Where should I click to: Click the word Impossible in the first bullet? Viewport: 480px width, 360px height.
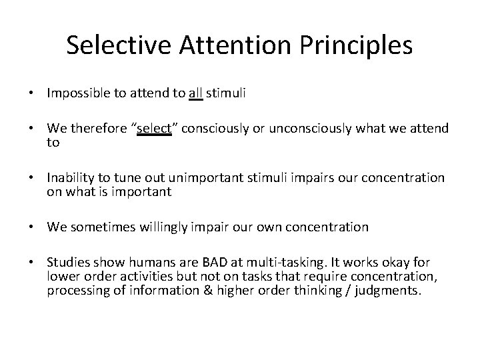pos(75,95)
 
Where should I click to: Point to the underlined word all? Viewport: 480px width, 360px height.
pos(195,95)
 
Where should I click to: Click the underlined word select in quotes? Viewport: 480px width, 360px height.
pos(154,128)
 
